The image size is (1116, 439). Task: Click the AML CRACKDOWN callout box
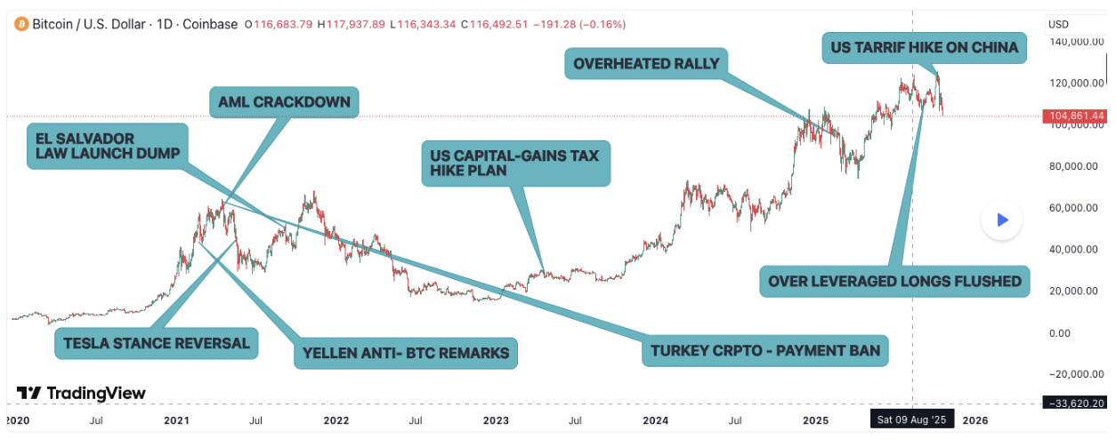click(x=284, y=103)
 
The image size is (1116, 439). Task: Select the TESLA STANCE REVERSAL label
click(x=156, y=343)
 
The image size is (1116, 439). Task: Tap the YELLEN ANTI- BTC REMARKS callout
click(x=406, y=353)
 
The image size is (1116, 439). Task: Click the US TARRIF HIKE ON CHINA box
click(x=924, y=47)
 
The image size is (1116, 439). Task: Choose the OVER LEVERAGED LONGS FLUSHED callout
click(x=894, y=281)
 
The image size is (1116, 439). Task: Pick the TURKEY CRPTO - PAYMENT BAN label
click(x=764, y=350)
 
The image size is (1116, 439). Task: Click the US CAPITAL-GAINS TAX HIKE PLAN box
click(x=515, y=163)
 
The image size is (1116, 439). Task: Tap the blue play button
click(x=1001, y=219)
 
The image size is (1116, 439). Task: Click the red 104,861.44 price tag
click(x=1075, y=116)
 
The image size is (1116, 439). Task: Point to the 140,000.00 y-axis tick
click(x=1075, y=42)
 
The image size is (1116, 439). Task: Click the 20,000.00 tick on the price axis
click(x=1075, y=291)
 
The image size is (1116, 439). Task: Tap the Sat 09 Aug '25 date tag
click(x=912, y=419)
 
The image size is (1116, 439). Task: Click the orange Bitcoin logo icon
click(x=20, y=24)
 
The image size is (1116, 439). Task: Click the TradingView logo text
click(x=82, y=393)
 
